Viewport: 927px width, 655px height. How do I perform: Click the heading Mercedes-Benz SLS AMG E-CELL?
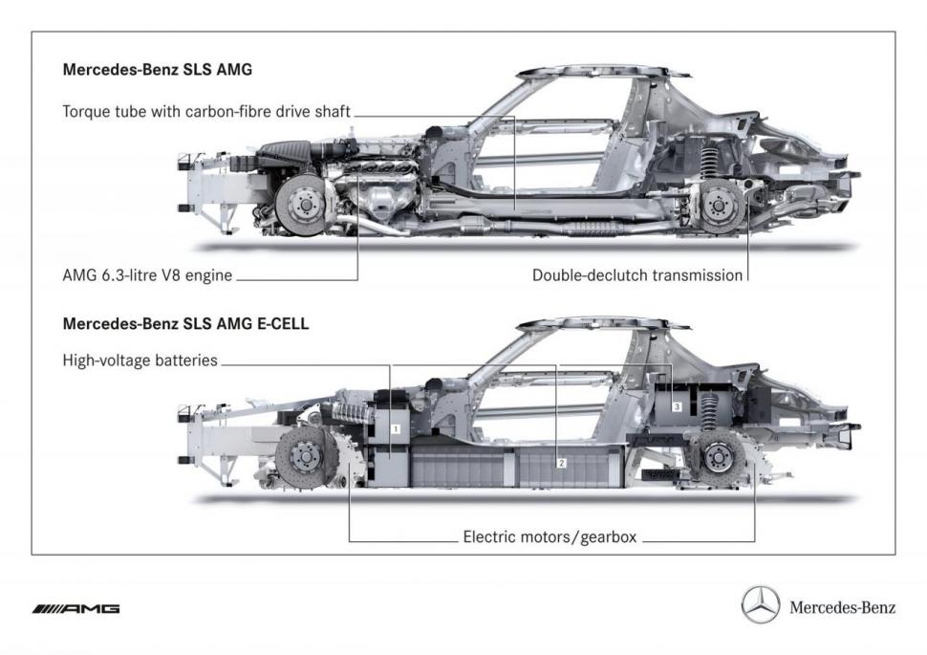(x=185, y=323)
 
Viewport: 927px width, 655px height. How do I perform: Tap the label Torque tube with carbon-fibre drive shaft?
(x=206, y=112)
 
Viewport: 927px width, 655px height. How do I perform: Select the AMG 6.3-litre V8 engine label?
(x=147, y=275)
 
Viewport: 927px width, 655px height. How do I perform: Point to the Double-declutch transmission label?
(x=637, y=275)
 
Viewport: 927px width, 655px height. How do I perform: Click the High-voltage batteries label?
(x=140, y=360)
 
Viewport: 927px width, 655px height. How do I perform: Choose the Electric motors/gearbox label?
(x=550, y=537)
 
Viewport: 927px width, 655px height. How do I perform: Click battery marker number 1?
(x=396, y=429)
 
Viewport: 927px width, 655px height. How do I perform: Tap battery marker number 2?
(x=562, y=463)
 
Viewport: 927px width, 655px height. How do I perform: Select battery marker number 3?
(x=677, y=406)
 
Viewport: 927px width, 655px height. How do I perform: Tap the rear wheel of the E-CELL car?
(x=719, y=457)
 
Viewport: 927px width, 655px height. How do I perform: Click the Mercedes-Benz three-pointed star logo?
(x=761, y=606)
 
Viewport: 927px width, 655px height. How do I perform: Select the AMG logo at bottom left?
(x=75, y=608)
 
